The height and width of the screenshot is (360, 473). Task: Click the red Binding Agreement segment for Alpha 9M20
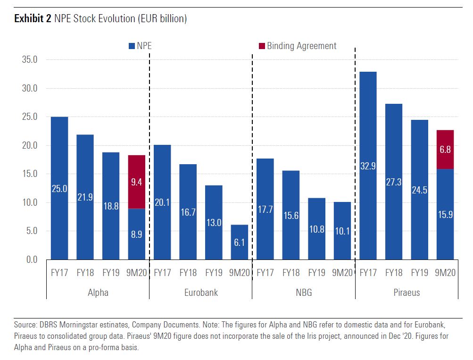point(136,182)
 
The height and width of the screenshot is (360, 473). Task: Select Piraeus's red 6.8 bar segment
point(445,149)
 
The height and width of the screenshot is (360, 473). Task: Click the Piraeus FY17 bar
point(368,165)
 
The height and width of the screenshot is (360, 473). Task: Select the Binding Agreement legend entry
point(298,46)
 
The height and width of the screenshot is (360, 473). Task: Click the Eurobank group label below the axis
point(201,293)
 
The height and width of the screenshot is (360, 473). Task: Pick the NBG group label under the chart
point(304,293)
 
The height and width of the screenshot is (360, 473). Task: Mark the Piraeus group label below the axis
point(407,293)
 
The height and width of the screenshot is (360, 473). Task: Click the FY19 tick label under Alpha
point(111,273)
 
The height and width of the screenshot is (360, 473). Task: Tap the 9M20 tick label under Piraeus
point(445,273)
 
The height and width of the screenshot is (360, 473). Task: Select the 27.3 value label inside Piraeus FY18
point(394,182)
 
